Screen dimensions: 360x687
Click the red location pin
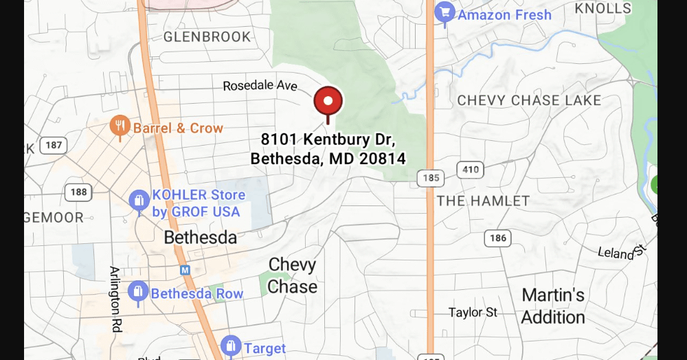tap(328, 102)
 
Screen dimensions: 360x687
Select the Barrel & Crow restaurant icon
tap(120, 126)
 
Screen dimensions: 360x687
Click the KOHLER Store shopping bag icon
tap(139, 201)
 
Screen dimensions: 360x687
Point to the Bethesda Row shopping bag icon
tap(138, 292)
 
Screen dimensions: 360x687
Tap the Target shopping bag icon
tap(231, 346)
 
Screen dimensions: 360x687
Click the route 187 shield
tap(52, 145)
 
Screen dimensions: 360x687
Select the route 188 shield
tap(78, 192)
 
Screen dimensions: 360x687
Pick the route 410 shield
tap(471, 170)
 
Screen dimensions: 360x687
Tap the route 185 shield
tap(430, 179)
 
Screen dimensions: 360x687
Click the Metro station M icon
tap(185, 270)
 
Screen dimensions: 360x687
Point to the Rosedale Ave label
tap(260, 86)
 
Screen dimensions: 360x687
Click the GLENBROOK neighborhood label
tap(207, 36)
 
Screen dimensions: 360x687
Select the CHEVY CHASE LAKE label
tap(529, 100)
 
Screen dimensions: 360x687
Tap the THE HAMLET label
tap(483, 201)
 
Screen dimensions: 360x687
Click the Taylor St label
tap(473, 313)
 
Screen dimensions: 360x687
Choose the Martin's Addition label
tap(553, 306)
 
